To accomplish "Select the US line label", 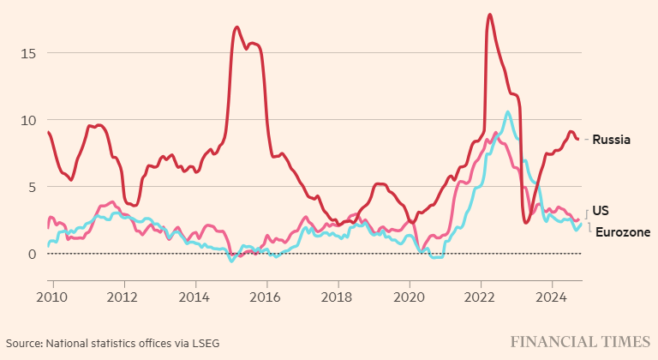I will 601,210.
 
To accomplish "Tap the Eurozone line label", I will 622,232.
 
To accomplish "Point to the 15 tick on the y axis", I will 29,53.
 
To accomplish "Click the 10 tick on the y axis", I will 29,120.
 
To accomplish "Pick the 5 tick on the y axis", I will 33,187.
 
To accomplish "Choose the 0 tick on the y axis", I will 33,254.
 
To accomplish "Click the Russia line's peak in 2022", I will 489,15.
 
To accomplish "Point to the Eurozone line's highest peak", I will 508,111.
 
